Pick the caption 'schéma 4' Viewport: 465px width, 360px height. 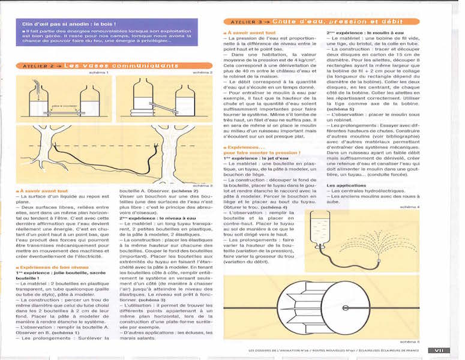pyautogui.click(x=411, y=208)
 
